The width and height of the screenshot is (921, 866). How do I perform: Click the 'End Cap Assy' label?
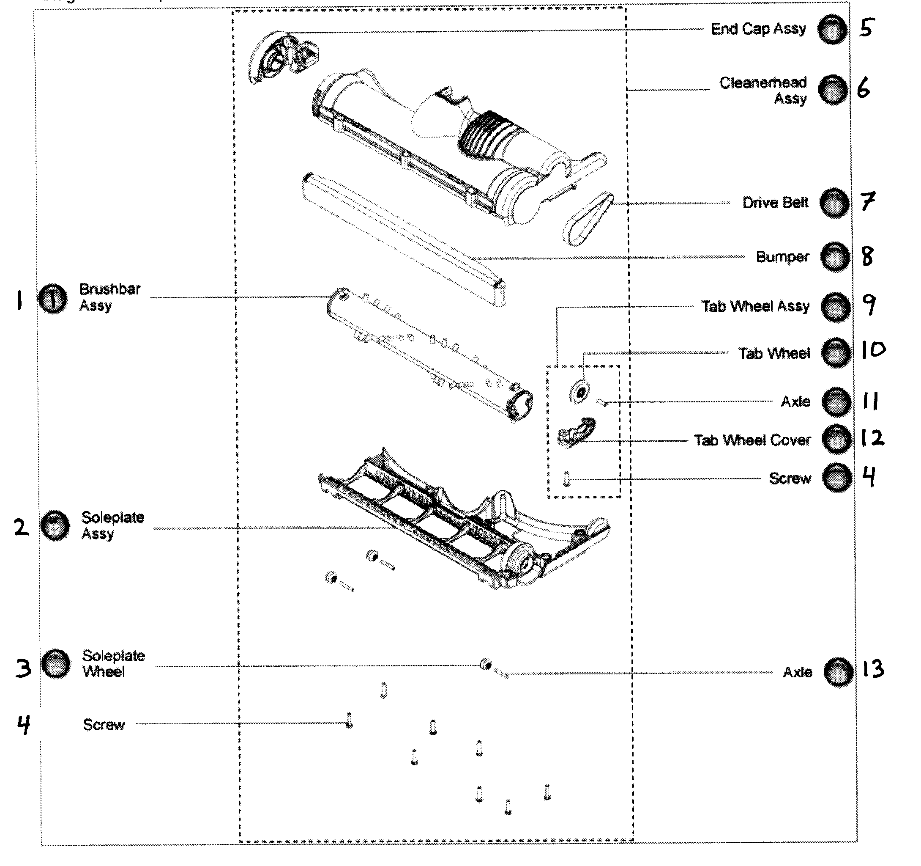(x=758, y=29)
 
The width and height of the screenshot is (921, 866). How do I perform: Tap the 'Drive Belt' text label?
(x=775, y=203)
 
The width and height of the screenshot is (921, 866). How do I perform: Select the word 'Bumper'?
(x=782, y=257)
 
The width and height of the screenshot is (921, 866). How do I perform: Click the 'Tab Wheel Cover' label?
(x=752, y=440)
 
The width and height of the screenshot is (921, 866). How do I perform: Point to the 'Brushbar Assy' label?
(x=110, y=297)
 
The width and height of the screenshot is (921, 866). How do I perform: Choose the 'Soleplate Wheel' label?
(x=114, y=663)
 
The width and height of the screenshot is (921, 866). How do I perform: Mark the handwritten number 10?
(x=873, y=350)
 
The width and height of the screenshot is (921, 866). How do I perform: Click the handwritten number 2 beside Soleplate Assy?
(x=21, y=527)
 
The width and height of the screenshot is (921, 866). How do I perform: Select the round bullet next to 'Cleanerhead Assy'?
(x=833, y=90)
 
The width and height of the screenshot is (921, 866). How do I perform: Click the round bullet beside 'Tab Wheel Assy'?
(x=836, y=307)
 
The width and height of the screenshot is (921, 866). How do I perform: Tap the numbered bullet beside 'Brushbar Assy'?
(x=52, y=299)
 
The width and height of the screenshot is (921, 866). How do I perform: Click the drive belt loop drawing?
(x=588, y=219)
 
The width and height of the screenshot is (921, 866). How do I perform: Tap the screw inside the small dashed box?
(x=566, y=479)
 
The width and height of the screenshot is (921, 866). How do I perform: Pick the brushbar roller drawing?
(x=430, y=355)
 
